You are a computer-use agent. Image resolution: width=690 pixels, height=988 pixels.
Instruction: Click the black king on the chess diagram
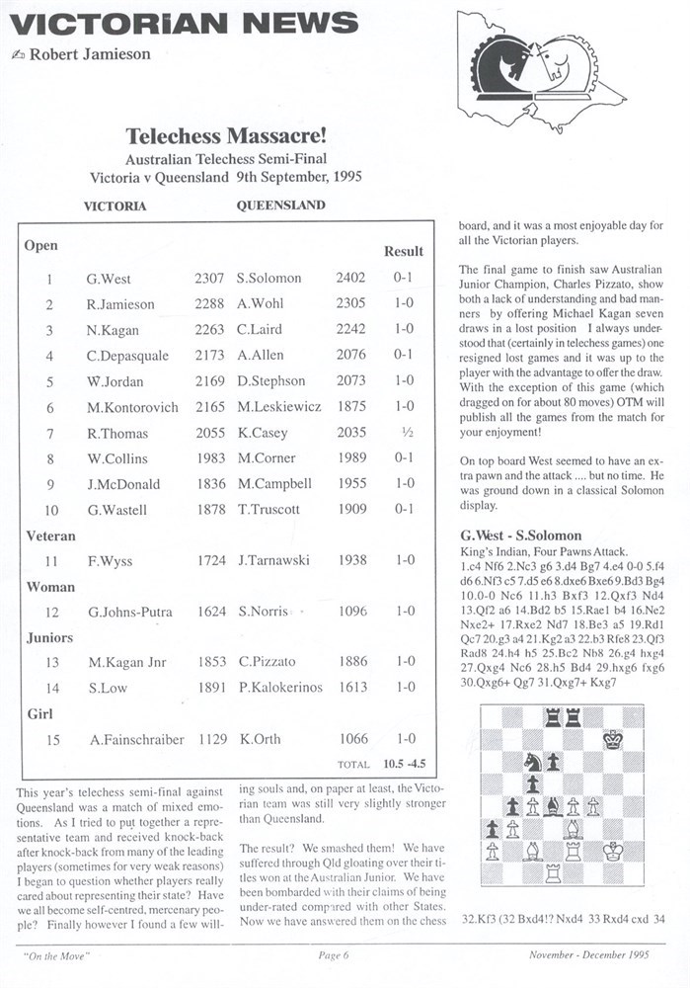614,738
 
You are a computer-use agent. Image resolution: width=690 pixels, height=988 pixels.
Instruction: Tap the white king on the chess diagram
614,850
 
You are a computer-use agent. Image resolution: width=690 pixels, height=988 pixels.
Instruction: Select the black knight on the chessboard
531,761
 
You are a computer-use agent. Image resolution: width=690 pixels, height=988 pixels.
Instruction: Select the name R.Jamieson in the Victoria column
120,304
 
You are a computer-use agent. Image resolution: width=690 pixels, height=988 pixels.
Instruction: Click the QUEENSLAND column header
280,206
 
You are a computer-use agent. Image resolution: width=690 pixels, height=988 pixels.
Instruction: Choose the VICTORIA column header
115,206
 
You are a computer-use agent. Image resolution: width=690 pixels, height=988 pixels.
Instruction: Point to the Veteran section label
50,535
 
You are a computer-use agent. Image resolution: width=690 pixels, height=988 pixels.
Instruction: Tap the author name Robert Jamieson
90,54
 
